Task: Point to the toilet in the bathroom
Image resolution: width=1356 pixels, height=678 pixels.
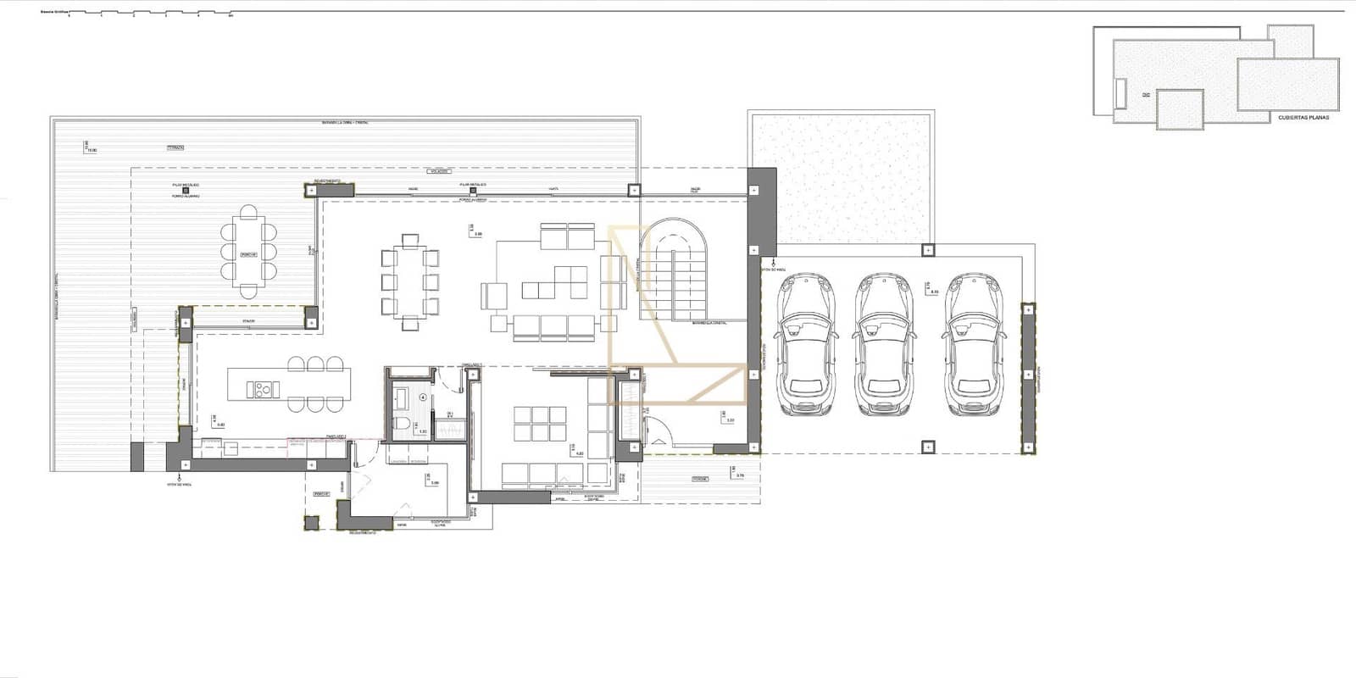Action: [x=404, y=423]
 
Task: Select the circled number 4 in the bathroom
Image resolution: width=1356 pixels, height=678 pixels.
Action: [x=423, y=396]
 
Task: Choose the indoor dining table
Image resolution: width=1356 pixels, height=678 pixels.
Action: [x=410, y=281]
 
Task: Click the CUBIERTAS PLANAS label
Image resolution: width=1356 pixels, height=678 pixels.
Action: [x=1303, y=118]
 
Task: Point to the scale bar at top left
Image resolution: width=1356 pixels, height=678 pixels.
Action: [x=144, y=14]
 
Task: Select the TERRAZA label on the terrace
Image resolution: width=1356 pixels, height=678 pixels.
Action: [x=175, y=147]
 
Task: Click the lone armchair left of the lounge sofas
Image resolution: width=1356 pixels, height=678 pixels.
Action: [x=492, y=296]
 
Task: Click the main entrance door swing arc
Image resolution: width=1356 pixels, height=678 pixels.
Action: [x=660, y=440]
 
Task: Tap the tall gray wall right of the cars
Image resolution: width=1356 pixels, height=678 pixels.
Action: [x=1028, y=379]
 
